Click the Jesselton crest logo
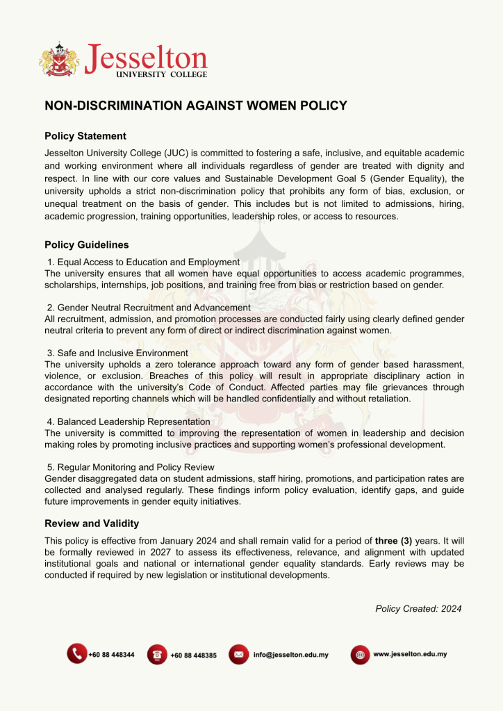[x=60, y=59]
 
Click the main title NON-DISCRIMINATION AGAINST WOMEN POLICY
[x=196, y=106]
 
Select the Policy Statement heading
[x=85, y=136]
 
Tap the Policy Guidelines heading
[x=87, y=244]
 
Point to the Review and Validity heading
[x=92, y=524]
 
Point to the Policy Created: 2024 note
[x=418, y=608]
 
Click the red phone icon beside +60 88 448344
[x=76, y=654]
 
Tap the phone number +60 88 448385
[x=193, y=655]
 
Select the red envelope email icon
[x=238, y=654]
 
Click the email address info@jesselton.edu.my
[x=290, y=655]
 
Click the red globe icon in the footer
[x=359, y=655]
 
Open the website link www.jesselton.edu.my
[x=410, y=654]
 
